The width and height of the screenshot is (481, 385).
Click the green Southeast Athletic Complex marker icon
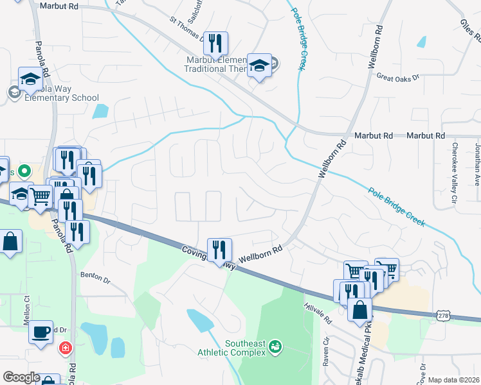click(276, 346)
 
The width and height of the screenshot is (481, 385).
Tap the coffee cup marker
click(41, 332)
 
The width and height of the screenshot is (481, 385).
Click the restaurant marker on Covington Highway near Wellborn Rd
click(219, 249)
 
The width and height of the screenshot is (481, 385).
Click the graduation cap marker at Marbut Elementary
click(259, 65)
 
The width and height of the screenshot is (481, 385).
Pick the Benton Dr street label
click(95, 277)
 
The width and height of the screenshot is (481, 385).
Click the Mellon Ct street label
click(27, 308)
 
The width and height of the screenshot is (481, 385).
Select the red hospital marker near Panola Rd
click(65, 349)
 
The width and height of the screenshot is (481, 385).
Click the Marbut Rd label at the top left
click(59, 5)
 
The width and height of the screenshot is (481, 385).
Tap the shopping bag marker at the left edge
click(10, 242)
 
